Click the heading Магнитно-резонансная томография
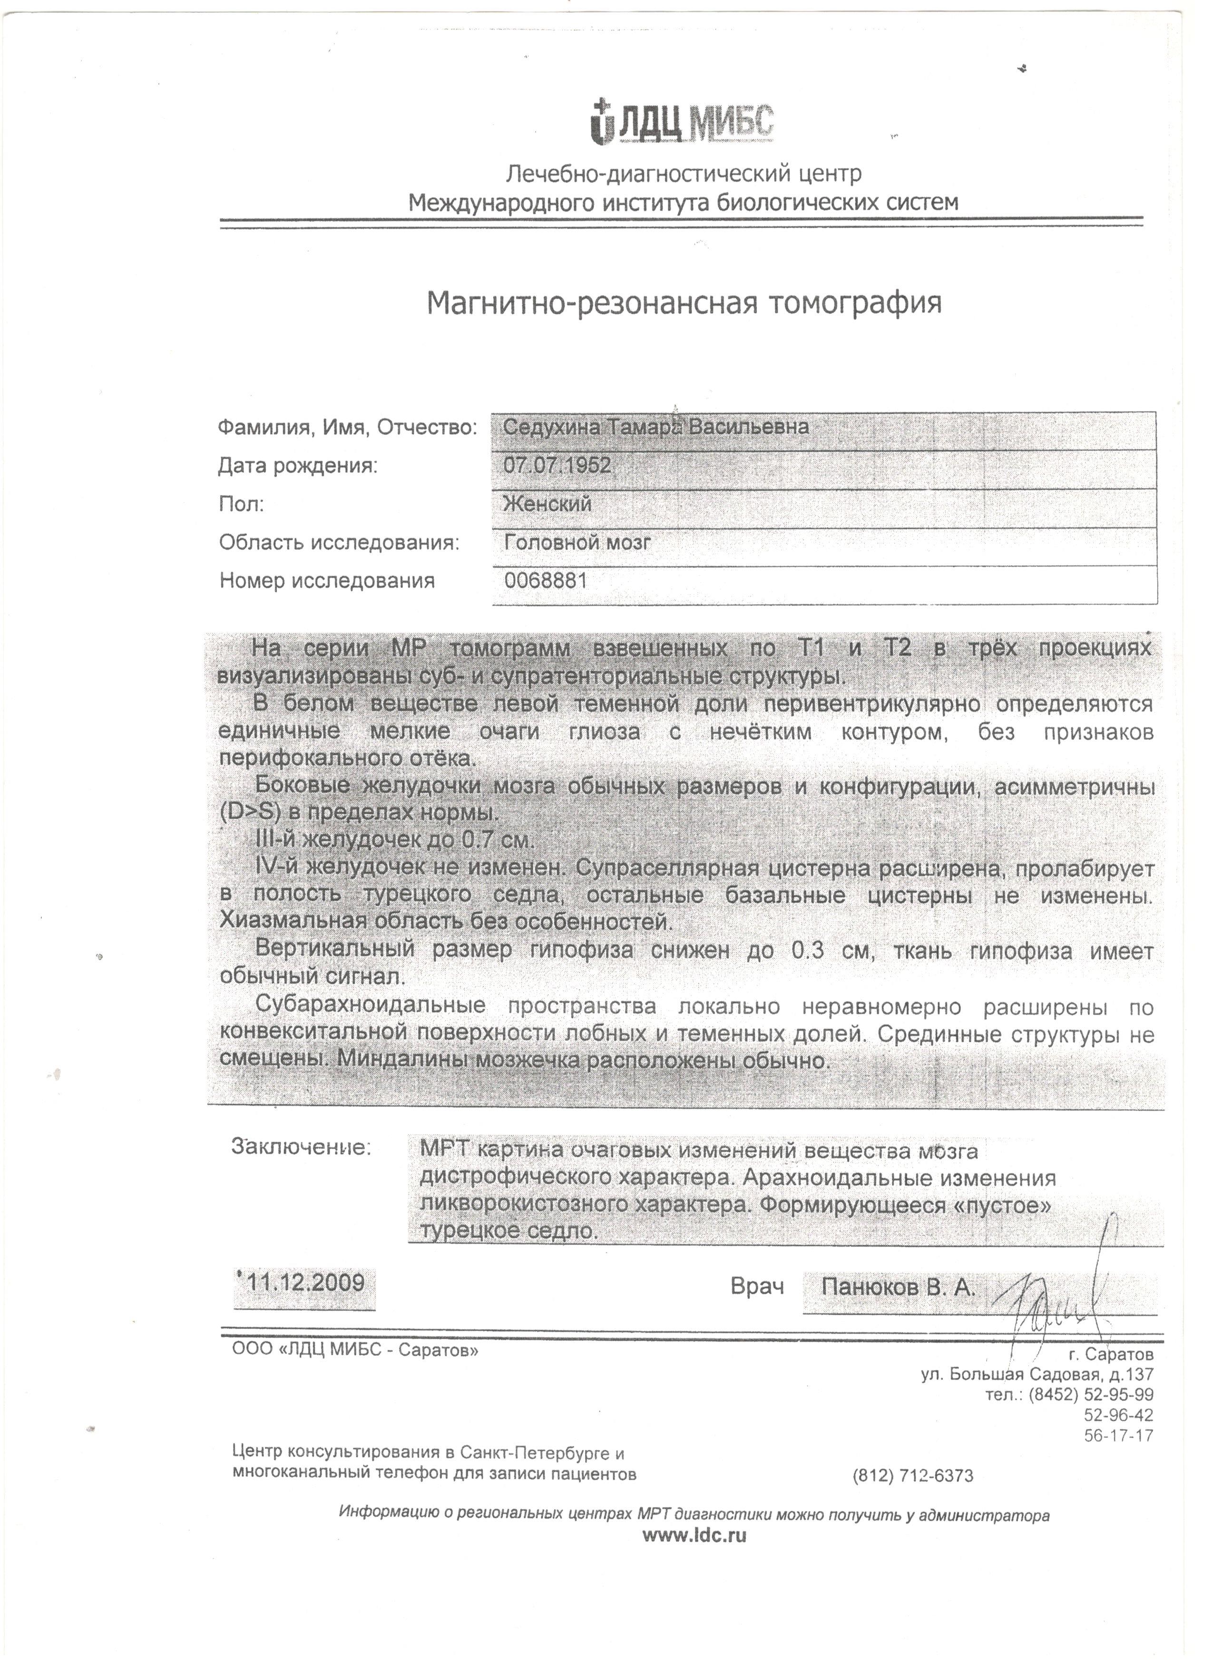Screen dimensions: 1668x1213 [684, 303]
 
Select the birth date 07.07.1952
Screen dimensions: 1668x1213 [557, 465]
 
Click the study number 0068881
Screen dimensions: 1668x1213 [545, 581]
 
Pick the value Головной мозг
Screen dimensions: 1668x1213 [577, 543]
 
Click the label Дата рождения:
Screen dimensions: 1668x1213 [298, 466]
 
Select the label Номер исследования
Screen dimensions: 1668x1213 [327, 581]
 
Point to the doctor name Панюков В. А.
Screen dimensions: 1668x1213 [898, 1288]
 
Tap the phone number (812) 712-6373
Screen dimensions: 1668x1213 [913, 1476]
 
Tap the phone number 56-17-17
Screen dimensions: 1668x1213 [1119, 1435]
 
